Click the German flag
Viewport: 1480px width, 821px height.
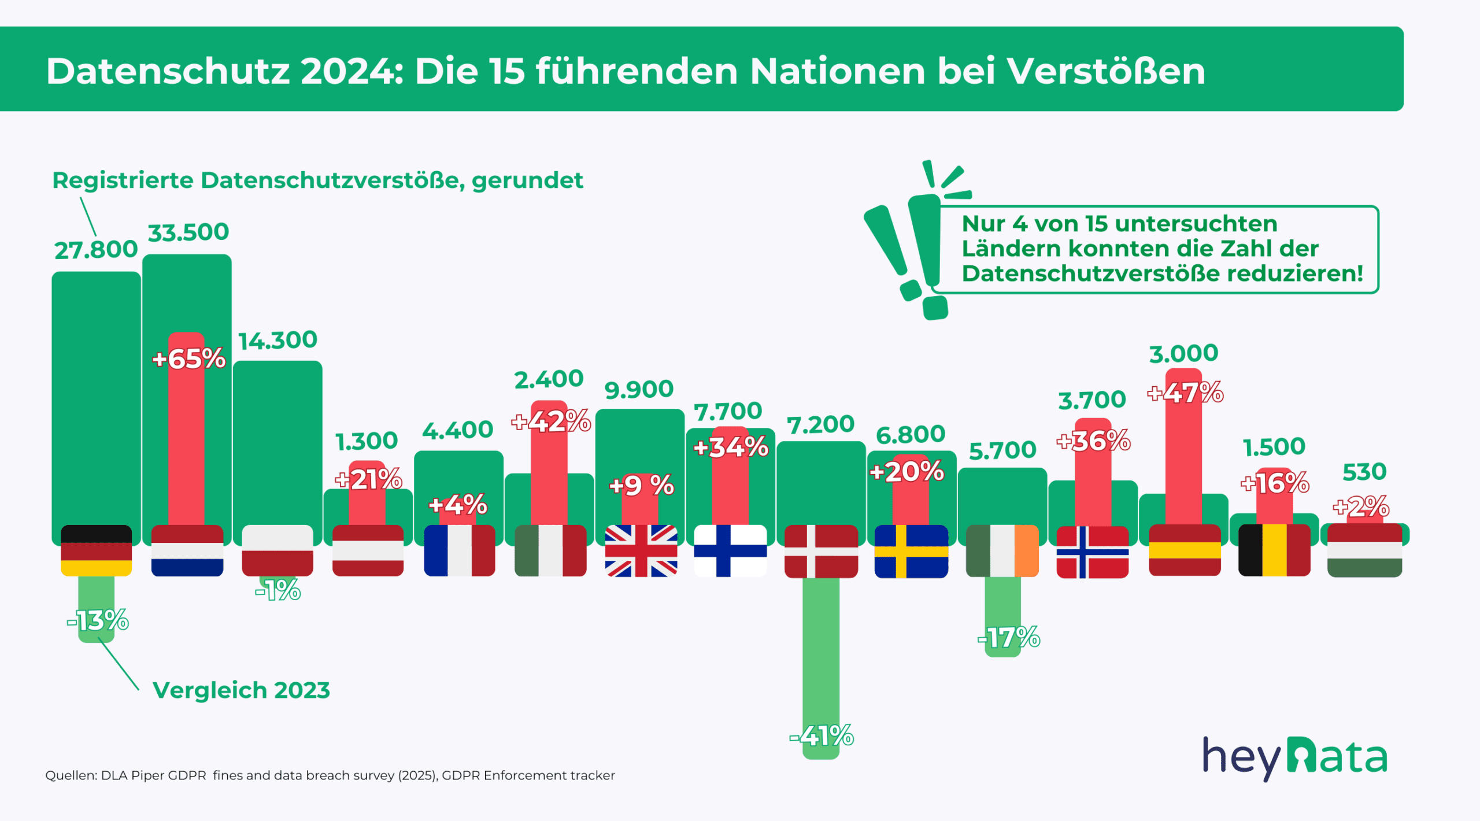96,550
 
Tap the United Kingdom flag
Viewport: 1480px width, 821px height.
641,550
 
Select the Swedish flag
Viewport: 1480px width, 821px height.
911,551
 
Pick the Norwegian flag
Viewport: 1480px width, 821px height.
1092,552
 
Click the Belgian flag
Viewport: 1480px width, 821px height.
1274,550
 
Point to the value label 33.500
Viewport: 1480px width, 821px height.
188,232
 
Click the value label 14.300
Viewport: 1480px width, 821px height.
277,340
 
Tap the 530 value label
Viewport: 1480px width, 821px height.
1364,472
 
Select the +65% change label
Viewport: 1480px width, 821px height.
188,359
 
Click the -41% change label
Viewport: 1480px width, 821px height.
822,736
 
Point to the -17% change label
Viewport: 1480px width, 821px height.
1008,638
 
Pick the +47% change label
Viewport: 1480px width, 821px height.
1185,393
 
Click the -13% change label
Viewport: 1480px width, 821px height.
98,621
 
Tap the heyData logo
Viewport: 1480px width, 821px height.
1294,757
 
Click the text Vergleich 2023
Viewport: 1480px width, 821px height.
241,690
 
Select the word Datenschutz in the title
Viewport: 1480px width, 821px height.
168,71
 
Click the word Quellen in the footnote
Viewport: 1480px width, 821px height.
71,775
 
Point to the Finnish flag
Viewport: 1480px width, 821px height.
730,550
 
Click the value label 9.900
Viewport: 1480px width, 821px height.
639,390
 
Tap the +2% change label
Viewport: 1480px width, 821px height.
1361,506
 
